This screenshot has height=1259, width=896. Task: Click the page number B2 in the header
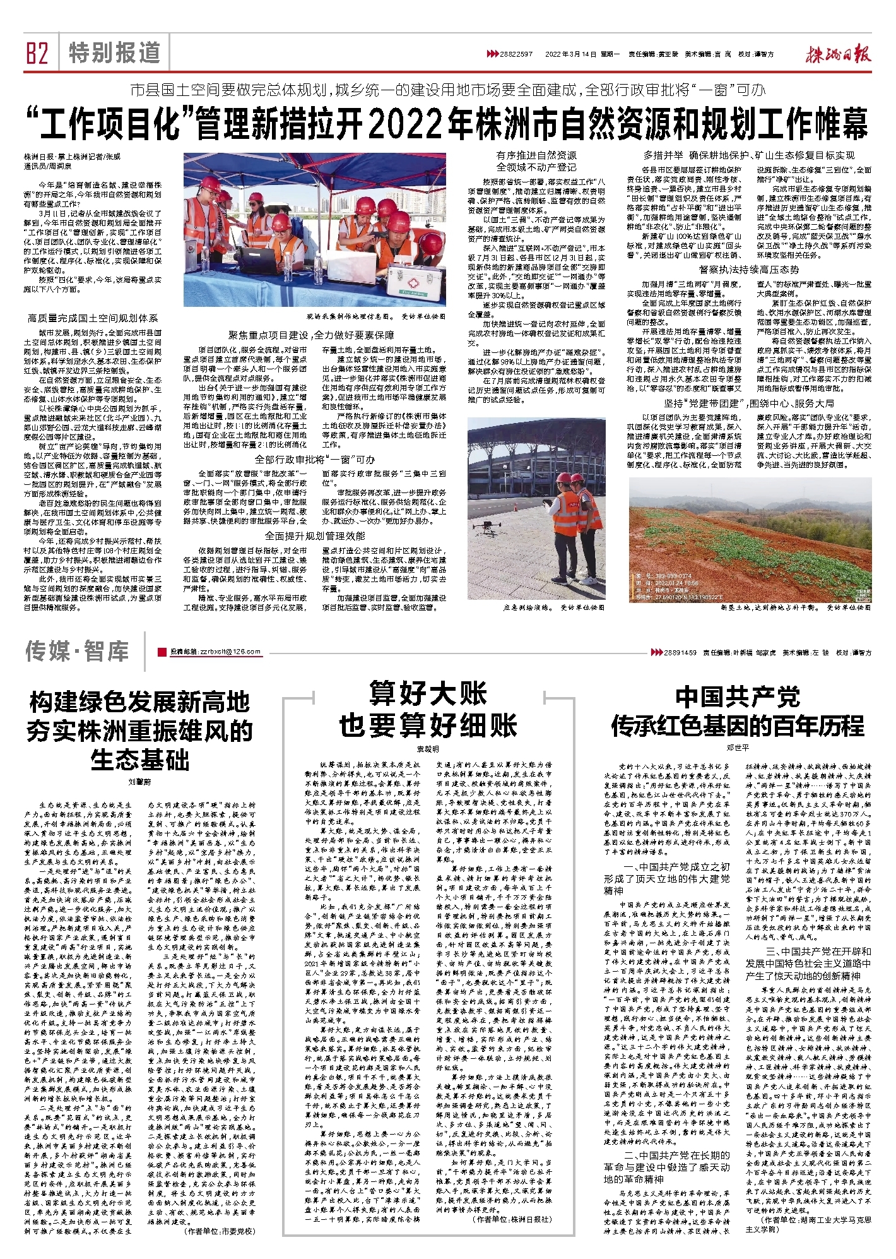click(37, 53)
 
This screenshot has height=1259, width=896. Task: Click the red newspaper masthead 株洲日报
click(837, 54)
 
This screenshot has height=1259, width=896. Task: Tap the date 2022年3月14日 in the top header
click(570, 54)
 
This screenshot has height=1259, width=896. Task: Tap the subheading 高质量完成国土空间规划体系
click(93, 318)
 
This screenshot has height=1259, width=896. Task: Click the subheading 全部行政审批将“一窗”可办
click(314, 459)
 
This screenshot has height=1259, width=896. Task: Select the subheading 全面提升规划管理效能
click(314, 536)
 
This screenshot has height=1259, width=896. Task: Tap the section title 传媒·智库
click(77, 651)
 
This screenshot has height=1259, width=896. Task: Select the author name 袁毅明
click(428, 749)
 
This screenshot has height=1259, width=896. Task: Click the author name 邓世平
click(738, 748)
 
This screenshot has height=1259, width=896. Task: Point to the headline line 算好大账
click(428, 693)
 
